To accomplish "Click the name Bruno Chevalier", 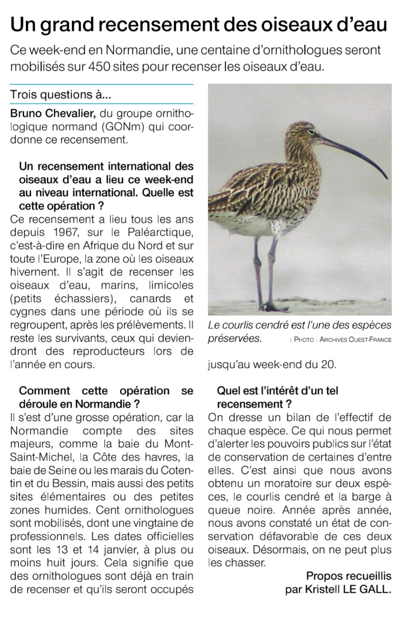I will coord(52,113).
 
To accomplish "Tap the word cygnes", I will coord(27,312).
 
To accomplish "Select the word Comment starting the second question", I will coord(44,391).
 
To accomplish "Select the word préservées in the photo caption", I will coord(234,338).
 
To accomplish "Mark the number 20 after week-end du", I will coord(329,365).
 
